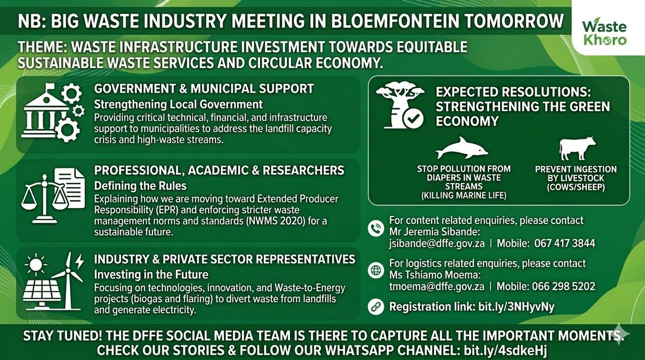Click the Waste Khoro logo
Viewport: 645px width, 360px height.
[607, 34]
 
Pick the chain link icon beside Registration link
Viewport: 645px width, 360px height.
[376, 307]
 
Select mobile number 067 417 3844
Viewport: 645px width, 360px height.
[564, 243]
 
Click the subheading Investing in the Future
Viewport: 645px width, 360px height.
[141, 273]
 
